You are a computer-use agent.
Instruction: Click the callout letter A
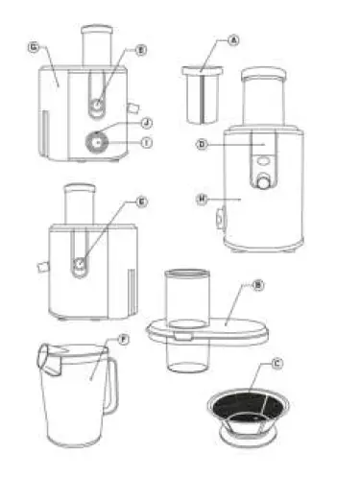click(232, 41)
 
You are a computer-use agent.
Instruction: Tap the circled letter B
click(258, 285)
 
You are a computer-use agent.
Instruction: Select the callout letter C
click(277, 363)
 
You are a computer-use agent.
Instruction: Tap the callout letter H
click(202, 199)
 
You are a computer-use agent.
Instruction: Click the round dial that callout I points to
click(99, 141)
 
